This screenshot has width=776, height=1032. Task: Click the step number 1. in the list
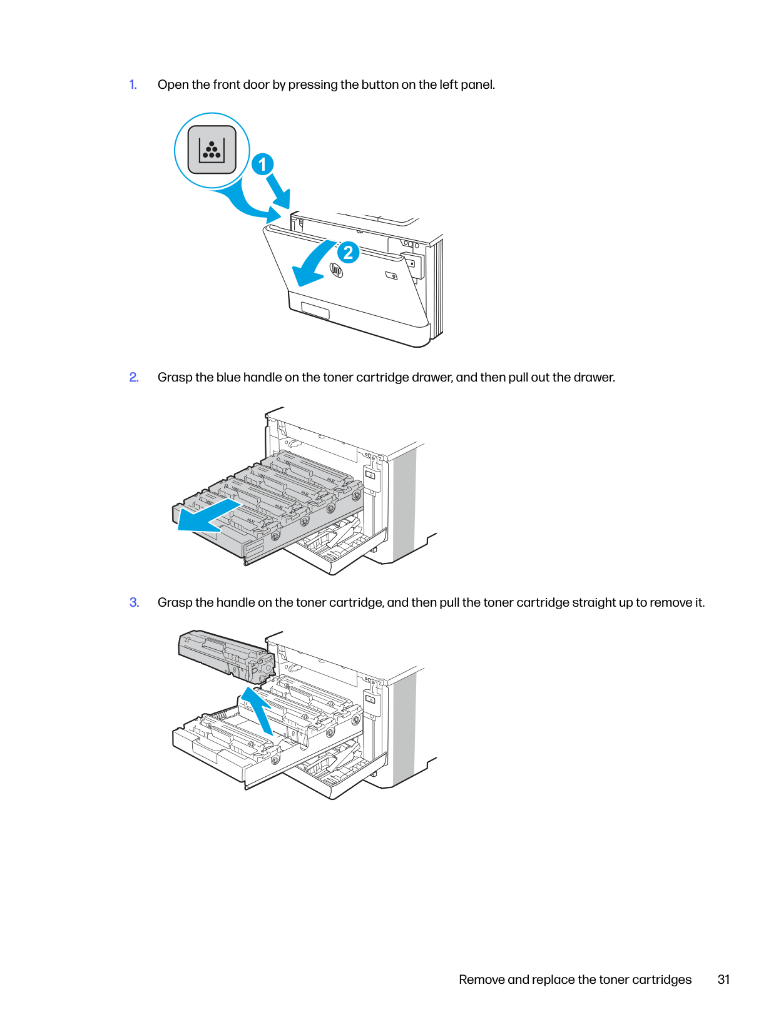pos(133,84)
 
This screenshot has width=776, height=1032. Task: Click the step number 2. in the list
pos(134,377)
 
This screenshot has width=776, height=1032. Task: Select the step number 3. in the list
pos(134,602)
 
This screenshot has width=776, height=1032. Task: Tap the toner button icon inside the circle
pos(212,149)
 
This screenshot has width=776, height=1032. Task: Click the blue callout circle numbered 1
pos(262,164)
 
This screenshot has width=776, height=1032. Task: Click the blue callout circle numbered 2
pos(348,253)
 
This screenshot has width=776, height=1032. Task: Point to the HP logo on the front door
pos(336,270)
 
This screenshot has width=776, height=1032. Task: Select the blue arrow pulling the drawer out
pos(209,516)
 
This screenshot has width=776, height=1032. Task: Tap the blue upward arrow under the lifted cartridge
pos(258,709)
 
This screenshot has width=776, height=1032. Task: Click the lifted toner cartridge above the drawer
pos(226,655)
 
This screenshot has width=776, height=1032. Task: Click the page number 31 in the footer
pos(723,979)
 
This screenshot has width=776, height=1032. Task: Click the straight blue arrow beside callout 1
pos(278,191)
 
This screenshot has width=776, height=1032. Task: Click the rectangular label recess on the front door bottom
pos(315,311)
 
